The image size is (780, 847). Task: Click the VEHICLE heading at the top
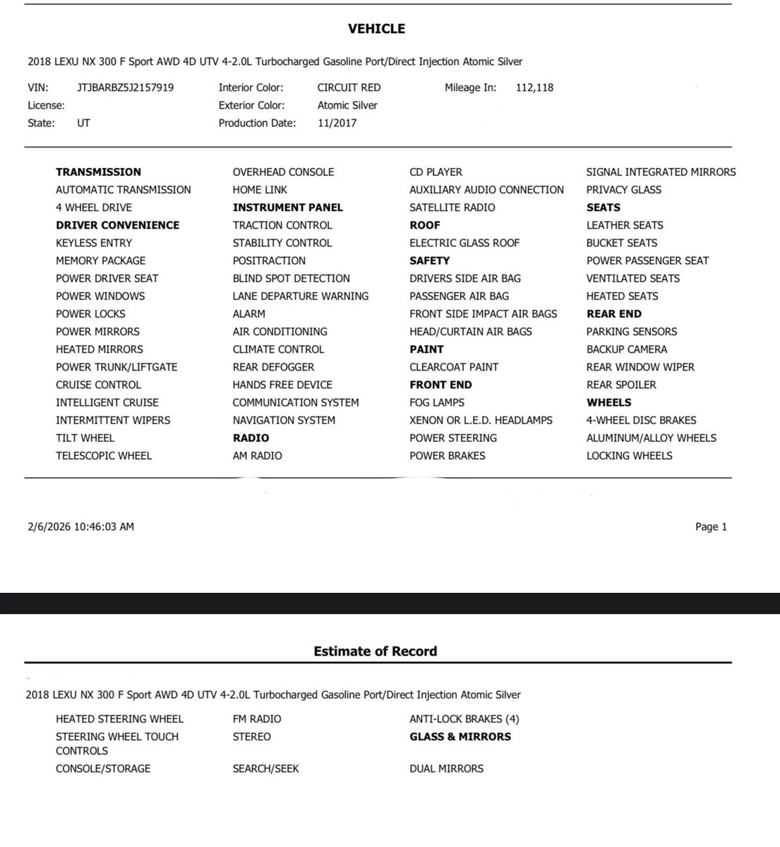click(376, 29)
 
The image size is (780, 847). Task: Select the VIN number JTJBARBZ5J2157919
click(125, 88)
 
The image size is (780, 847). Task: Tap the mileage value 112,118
click(534, 88)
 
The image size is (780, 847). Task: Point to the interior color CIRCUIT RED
click(349, 88)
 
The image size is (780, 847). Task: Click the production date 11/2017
click(337, 123)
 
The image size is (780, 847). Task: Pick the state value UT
click(83, 123)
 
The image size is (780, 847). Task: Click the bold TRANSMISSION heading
click(98, 172)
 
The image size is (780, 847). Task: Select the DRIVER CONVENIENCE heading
click(117, 225)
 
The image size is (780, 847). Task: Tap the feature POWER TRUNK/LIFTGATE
click(116, 367)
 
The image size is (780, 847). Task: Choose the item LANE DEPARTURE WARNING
click(300, 296)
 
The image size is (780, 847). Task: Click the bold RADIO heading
click(251, 438)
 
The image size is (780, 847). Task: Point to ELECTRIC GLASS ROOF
click(464, 243)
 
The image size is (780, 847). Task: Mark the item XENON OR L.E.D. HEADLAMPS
click(481, 420)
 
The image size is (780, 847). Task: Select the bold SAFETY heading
click(429, 260)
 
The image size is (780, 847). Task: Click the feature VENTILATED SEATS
click(632, 278)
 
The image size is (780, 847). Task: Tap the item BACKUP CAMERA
click(626, 349)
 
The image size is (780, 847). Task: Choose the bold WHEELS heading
click(608, 402)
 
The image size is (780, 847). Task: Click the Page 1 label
click(710, 527)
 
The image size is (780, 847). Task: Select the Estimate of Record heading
click(375, 651)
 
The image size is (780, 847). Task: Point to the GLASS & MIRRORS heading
click(460, 737)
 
